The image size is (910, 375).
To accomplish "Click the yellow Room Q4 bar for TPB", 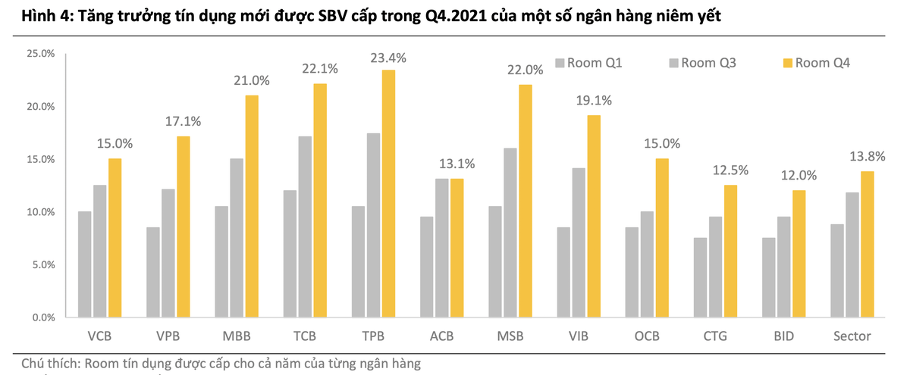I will (388, 193).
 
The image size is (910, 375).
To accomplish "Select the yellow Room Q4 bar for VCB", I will (115, 238).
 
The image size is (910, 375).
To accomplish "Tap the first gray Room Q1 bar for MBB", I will (222, 261).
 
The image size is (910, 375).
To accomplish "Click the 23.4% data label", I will (388, 58).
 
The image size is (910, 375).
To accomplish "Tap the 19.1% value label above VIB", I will (594, 101).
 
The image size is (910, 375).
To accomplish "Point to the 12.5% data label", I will (730, 171).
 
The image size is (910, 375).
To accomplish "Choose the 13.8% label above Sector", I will (866, 157).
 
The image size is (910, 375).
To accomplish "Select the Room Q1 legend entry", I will (589, 63).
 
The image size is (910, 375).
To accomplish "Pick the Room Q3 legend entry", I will (702, 63).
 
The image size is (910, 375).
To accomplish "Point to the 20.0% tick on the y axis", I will (41, 107).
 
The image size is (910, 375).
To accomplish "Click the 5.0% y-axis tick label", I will (43, 265).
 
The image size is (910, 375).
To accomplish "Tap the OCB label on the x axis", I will (646, 336).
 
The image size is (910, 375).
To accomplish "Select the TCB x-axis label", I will (305, 336).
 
